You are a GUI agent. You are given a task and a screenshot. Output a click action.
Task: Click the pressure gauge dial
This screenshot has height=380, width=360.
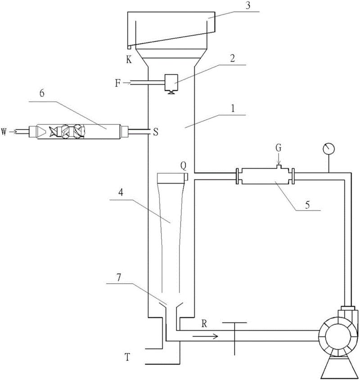[x=328, y=148]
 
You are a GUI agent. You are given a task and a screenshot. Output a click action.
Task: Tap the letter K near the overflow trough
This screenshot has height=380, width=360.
[x=129, y=59]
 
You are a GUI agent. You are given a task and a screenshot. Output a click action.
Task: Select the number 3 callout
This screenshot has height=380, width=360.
[x=247, y=6]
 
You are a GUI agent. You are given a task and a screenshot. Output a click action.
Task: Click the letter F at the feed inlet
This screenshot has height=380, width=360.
[x=117, y=83]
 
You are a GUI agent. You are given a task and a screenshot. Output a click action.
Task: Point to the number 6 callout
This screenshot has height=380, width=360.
[x=42, y=94]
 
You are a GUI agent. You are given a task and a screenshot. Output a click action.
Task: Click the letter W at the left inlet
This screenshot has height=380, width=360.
[x=4, y=132]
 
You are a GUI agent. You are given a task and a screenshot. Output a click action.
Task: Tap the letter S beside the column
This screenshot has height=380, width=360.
[x=156, y=132]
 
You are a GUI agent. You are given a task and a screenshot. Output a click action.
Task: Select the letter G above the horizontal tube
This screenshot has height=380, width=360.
[x=279, y=148]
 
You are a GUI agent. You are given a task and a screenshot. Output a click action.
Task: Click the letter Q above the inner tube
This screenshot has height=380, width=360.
[x=184, y=166]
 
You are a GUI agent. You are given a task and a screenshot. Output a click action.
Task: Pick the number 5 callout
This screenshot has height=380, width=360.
[x=307, y=205]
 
